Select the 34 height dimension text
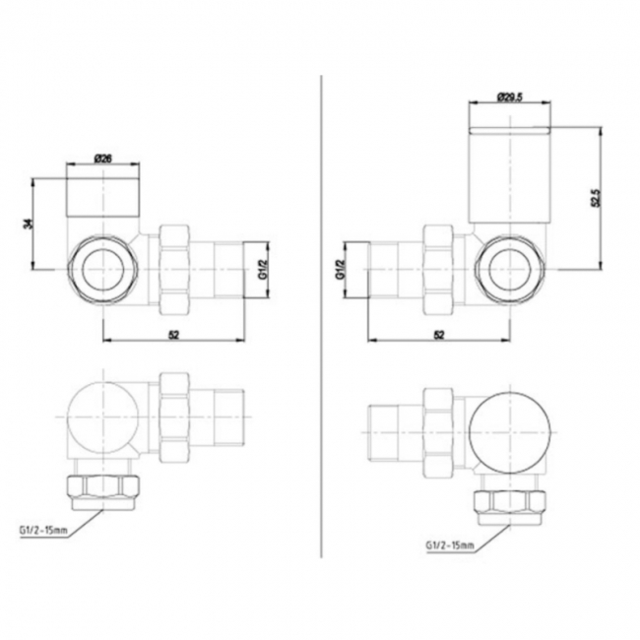tap(27, 224)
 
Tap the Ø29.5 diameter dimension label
tap(509, 96)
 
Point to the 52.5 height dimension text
tap(596, 197)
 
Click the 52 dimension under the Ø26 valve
tap(174, 335)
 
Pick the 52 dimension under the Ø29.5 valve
tap(438, 335)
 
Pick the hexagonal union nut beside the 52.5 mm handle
tap(440, 269)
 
